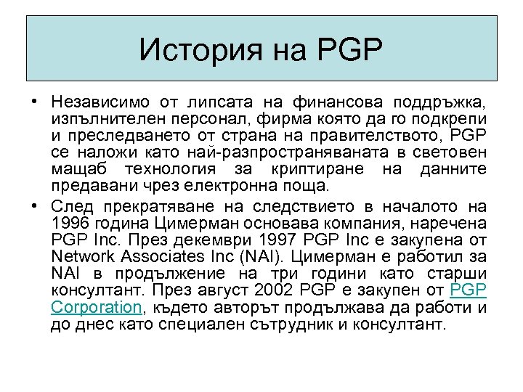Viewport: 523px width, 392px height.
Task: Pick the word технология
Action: (x=180, y=168)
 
